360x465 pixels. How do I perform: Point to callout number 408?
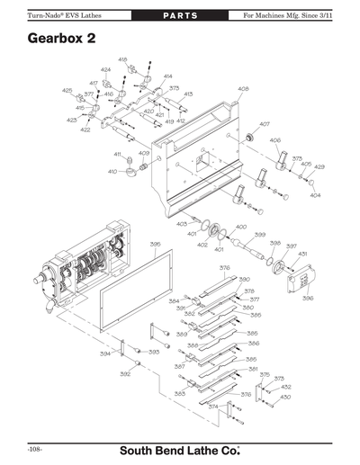[243, 89]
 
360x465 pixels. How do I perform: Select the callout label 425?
[67, 91]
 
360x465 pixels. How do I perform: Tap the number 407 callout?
[265, 124]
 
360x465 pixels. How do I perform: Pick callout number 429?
[319, 167]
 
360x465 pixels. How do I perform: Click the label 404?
[314, 194]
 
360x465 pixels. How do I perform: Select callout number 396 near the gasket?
[155, 244]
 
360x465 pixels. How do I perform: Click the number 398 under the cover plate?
[308, 299]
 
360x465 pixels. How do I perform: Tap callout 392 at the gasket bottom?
[125, 373]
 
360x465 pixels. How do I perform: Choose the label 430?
[285, 397]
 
